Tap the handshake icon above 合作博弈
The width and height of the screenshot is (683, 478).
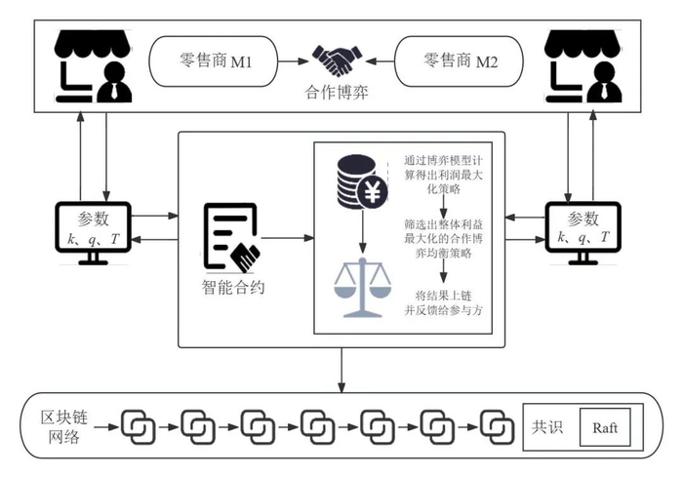(334, 61)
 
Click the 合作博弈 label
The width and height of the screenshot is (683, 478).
(334, 96)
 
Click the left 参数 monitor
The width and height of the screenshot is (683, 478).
(95, 231)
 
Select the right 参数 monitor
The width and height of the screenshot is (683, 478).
(583, 231)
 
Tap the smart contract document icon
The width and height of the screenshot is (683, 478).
(232, 238)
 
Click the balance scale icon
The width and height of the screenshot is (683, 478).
(360, 289)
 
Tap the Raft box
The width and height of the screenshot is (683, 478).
(605, 426)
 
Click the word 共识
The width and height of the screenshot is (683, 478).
(547, 426)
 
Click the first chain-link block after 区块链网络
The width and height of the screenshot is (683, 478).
(139, 426)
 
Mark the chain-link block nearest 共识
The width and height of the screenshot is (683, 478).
(500, 426)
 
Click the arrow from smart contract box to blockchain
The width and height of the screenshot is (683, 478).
(341, 369)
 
